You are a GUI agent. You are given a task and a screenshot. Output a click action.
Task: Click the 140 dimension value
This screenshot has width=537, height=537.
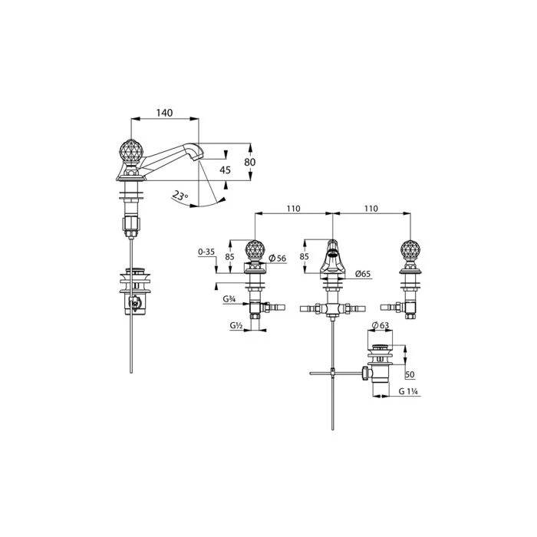tap(164, 113)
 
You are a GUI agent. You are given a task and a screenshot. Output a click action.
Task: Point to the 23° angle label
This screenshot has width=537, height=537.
tap(180, 196)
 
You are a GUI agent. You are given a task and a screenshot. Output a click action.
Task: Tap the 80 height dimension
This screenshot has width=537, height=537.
tap(249, 162)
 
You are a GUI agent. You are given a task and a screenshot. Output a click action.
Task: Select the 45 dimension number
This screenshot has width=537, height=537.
tap(225, 170)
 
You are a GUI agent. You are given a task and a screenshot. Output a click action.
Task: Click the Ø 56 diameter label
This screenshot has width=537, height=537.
tap(278, 259)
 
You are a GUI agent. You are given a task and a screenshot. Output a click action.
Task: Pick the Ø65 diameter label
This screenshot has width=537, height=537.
tap(363, 274)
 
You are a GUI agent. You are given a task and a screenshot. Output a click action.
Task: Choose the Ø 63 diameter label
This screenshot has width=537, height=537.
tap(381, 325)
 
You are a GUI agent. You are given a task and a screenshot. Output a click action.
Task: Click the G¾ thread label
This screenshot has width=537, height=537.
tap(229, 299)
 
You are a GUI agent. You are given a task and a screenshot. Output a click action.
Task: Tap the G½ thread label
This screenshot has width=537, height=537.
tap(236, 326)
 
